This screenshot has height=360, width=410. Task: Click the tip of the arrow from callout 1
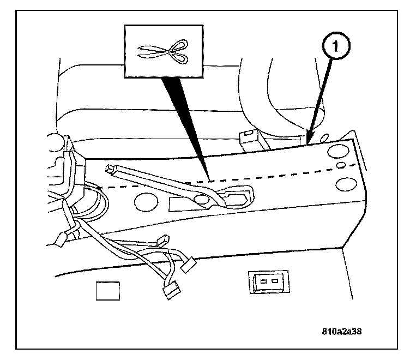[x=308, y=143]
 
